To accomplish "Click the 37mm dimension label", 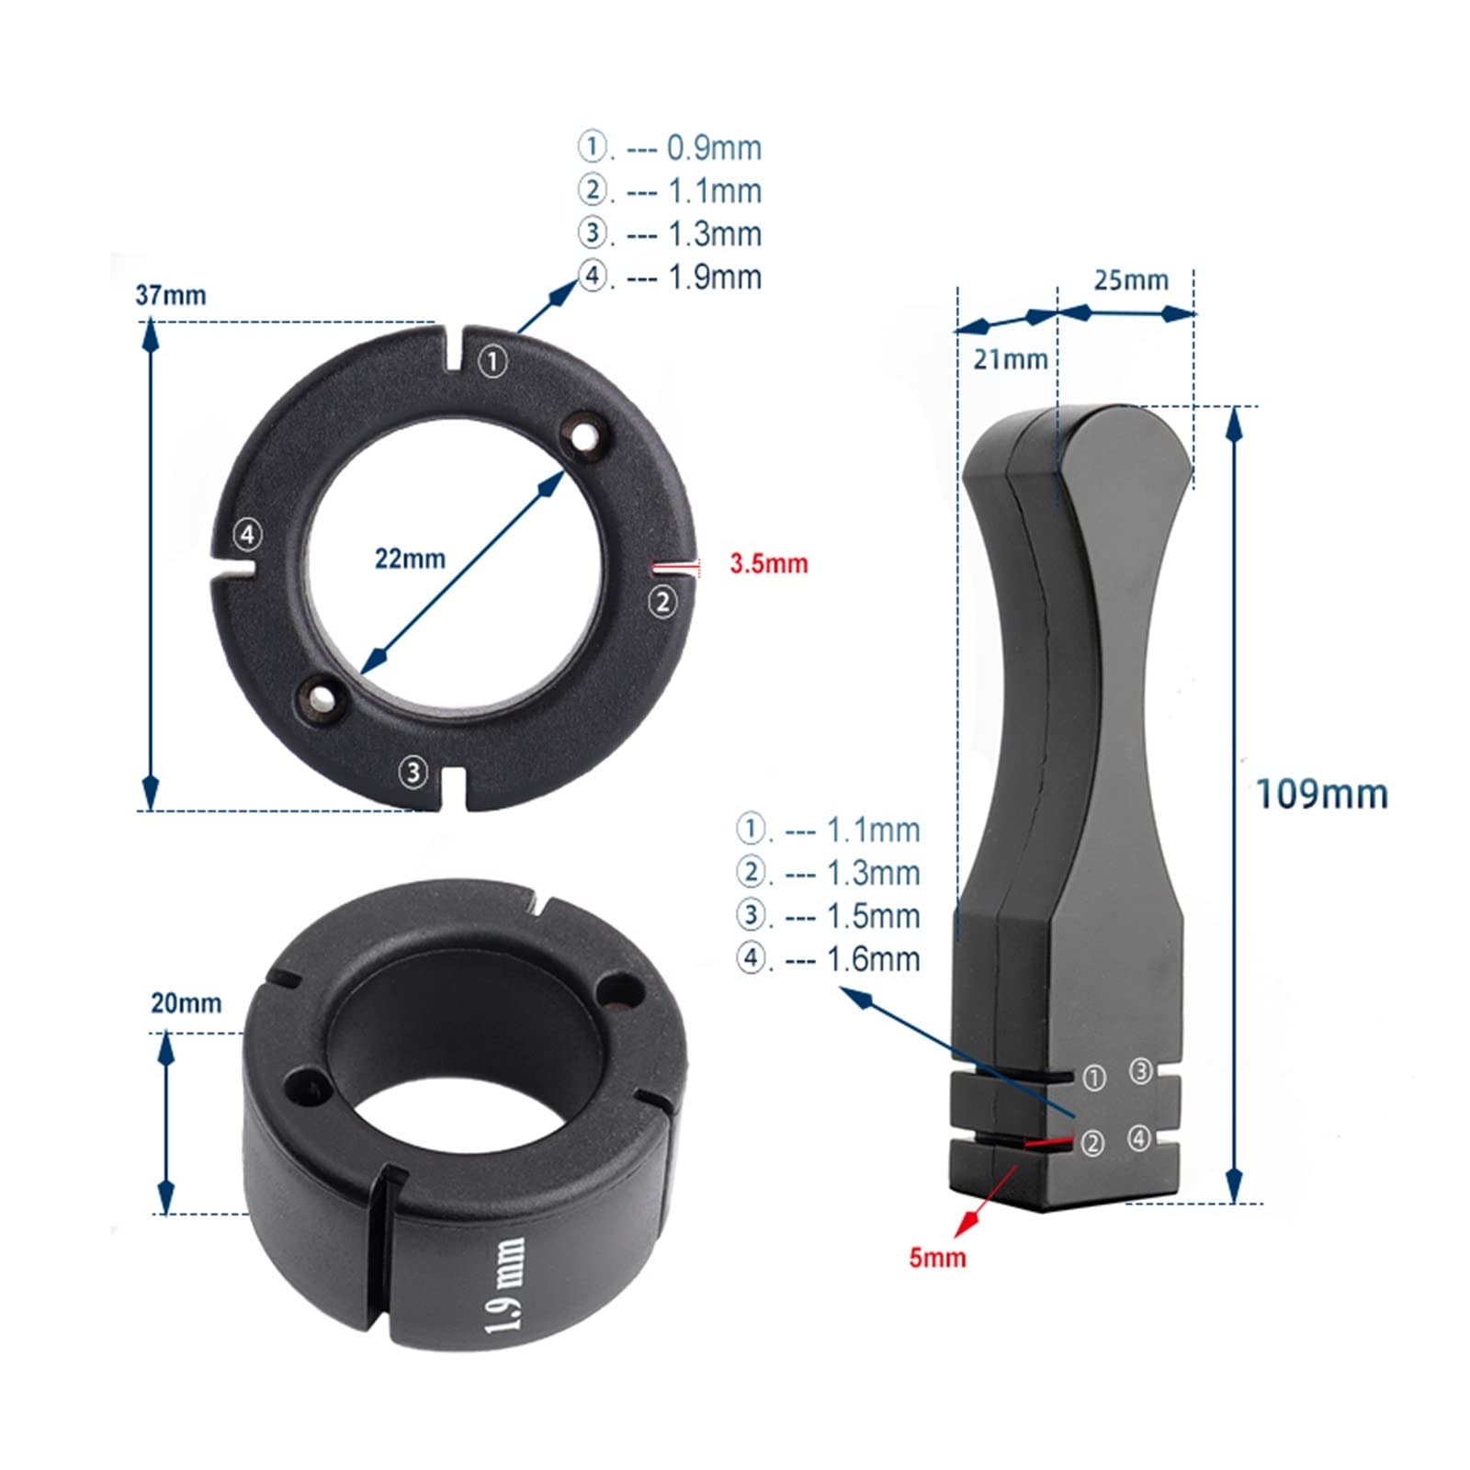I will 171,296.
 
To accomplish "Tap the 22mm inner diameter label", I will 410,559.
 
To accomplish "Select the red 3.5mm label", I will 769,563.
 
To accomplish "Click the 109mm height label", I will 1321,794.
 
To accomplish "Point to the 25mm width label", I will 1131,280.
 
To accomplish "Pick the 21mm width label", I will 1011,359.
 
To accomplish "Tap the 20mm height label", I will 187,1002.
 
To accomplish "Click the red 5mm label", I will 937,1257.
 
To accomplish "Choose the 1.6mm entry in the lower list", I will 829,959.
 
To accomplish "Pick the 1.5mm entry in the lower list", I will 829,916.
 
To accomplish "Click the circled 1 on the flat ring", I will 494,361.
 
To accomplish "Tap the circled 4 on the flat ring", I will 248,534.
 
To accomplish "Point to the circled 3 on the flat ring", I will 413,772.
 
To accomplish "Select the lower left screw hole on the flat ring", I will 321,699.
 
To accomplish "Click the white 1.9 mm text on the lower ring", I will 506,1286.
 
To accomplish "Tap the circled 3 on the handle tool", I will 1140,1071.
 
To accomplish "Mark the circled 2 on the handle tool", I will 1092,1143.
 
